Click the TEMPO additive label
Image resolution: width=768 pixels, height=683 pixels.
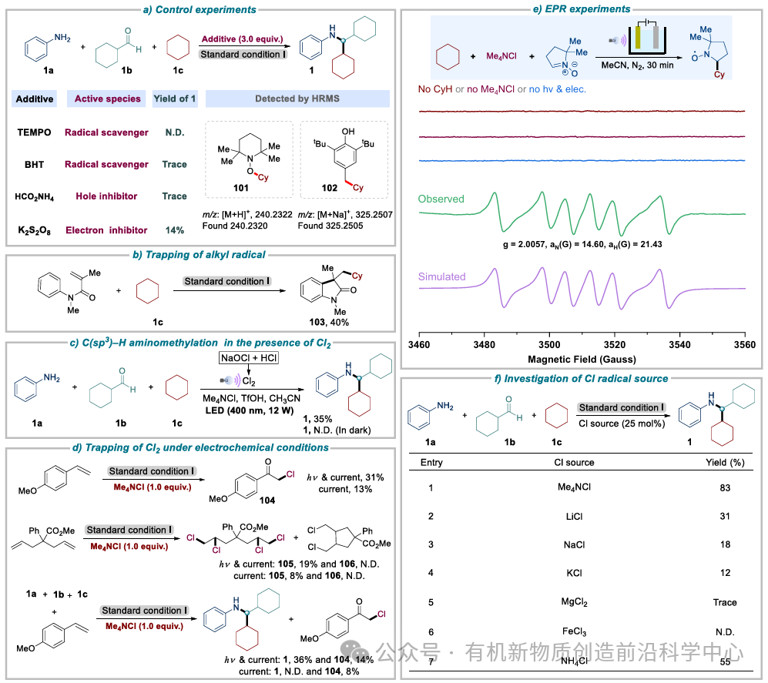34,132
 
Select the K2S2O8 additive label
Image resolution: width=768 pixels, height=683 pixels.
35,229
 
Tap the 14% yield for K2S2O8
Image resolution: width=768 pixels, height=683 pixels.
175,229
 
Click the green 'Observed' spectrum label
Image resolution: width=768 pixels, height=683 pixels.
441,199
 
